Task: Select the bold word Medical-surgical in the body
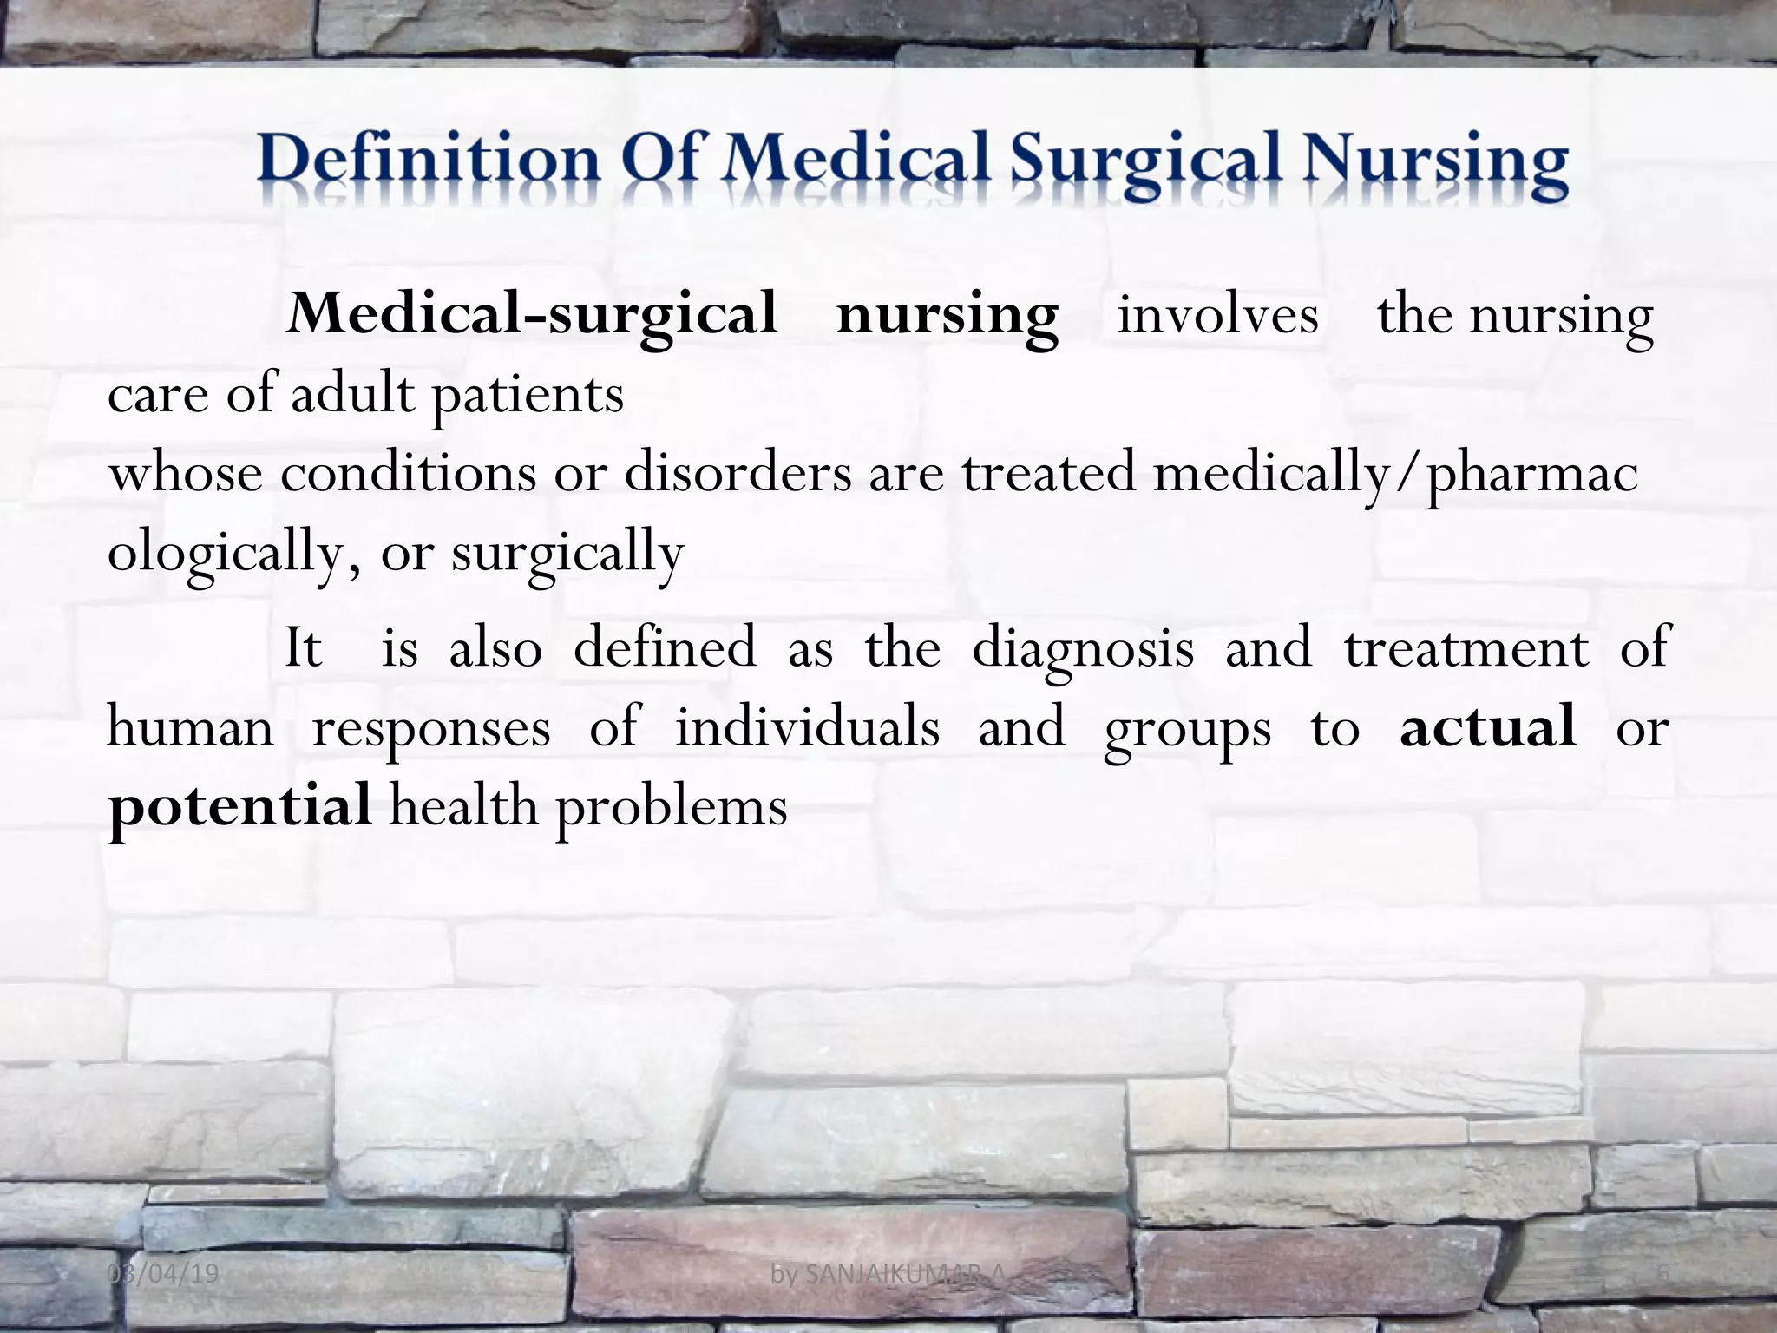(532, 314)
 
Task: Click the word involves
(1217, 314)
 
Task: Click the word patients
(528, 396)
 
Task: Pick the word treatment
(1466, 647)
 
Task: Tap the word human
(190, 727)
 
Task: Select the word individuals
(807, 727)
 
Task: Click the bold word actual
(1487, 727)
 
